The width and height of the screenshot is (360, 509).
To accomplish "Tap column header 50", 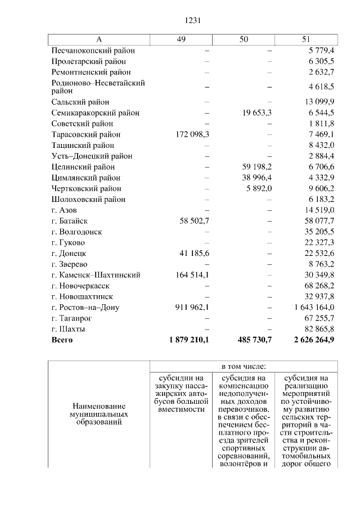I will click(x=244, y=39).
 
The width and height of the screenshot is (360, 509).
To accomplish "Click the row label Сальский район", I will click(x=80, y=102).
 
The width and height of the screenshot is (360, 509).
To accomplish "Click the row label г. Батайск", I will click(x=69, y=221).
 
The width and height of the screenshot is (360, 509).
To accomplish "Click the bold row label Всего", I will click(x=62, y=340).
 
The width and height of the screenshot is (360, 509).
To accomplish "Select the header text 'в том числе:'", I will click(x=244, y=366).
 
